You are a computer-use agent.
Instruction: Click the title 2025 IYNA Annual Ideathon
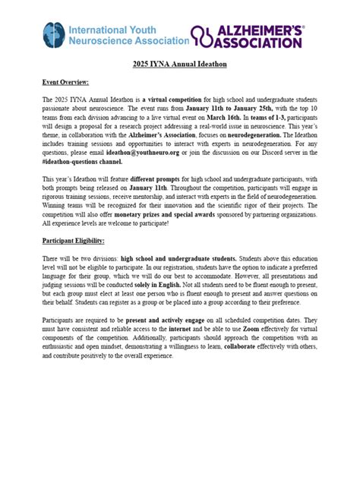coord(179,65)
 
